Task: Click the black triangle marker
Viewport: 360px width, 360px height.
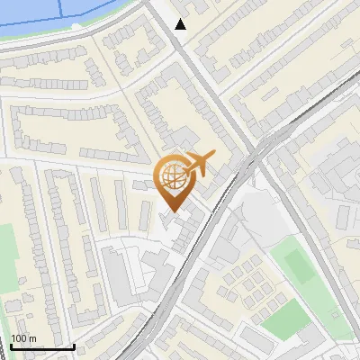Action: tap(181, 24)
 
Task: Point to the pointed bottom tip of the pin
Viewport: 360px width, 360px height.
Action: tap(174, 211)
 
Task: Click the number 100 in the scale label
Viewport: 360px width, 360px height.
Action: tap(18, 338)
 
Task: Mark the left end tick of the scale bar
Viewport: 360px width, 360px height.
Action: tap(11, 346)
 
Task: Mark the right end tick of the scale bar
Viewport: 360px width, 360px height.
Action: tap(74, 346)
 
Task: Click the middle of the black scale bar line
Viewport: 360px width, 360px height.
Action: tap(42, 346)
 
